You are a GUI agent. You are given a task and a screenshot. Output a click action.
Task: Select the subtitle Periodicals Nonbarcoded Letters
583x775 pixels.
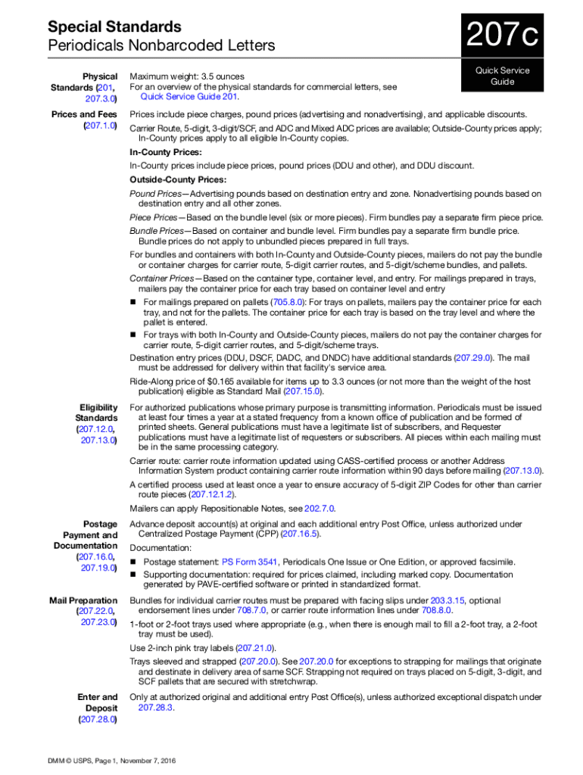151,46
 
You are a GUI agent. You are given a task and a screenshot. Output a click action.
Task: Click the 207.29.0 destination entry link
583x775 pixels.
472,357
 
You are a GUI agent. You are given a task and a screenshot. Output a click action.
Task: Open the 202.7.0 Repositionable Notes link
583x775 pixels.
319,509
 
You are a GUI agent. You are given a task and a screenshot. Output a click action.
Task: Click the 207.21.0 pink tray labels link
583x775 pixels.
254,649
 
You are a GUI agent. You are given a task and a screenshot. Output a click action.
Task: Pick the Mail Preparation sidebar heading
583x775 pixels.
83,600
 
